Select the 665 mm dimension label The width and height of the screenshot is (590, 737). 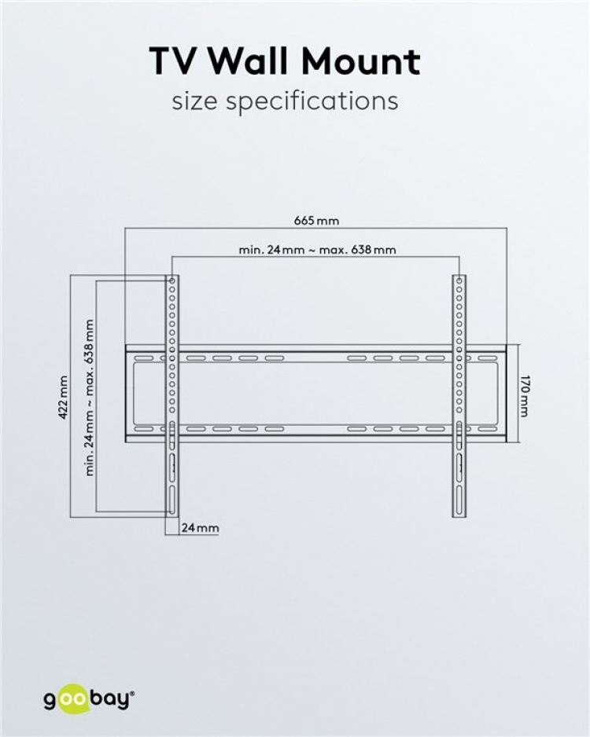(x=317, y=221)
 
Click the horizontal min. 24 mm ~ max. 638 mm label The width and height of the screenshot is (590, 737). (x=317, y=250)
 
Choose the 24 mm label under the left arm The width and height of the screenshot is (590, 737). (x=200, y=528)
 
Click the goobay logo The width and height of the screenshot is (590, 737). (x=88, y=697)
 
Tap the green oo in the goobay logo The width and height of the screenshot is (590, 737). (x=76, y=697)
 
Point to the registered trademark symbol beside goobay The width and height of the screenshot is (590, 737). (x=132, y=692)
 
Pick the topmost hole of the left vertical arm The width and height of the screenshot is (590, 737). (x=171, y=280)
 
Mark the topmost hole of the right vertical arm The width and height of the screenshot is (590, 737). (x=459, y=280)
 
